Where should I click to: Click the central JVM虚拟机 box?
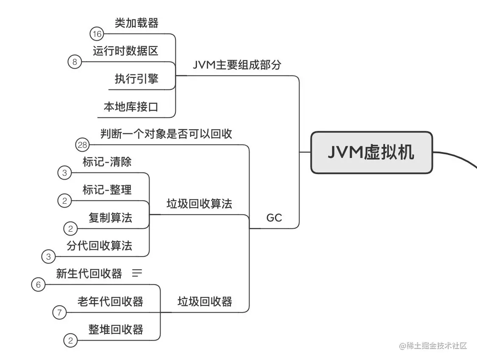372,152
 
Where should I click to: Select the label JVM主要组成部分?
237,65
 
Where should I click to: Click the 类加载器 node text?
136,23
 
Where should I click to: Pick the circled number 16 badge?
97,34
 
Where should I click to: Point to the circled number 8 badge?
75,62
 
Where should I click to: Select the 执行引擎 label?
136,79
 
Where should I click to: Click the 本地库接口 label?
131,106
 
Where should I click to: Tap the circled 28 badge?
83,145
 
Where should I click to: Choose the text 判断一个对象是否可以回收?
166,134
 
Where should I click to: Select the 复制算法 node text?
110,218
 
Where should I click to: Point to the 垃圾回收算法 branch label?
199,204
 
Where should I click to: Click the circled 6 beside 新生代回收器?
38,285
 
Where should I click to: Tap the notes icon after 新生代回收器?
137,274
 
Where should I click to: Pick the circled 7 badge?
59,313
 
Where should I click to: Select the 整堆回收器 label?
116,329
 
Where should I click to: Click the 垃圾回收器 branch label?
205,302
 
